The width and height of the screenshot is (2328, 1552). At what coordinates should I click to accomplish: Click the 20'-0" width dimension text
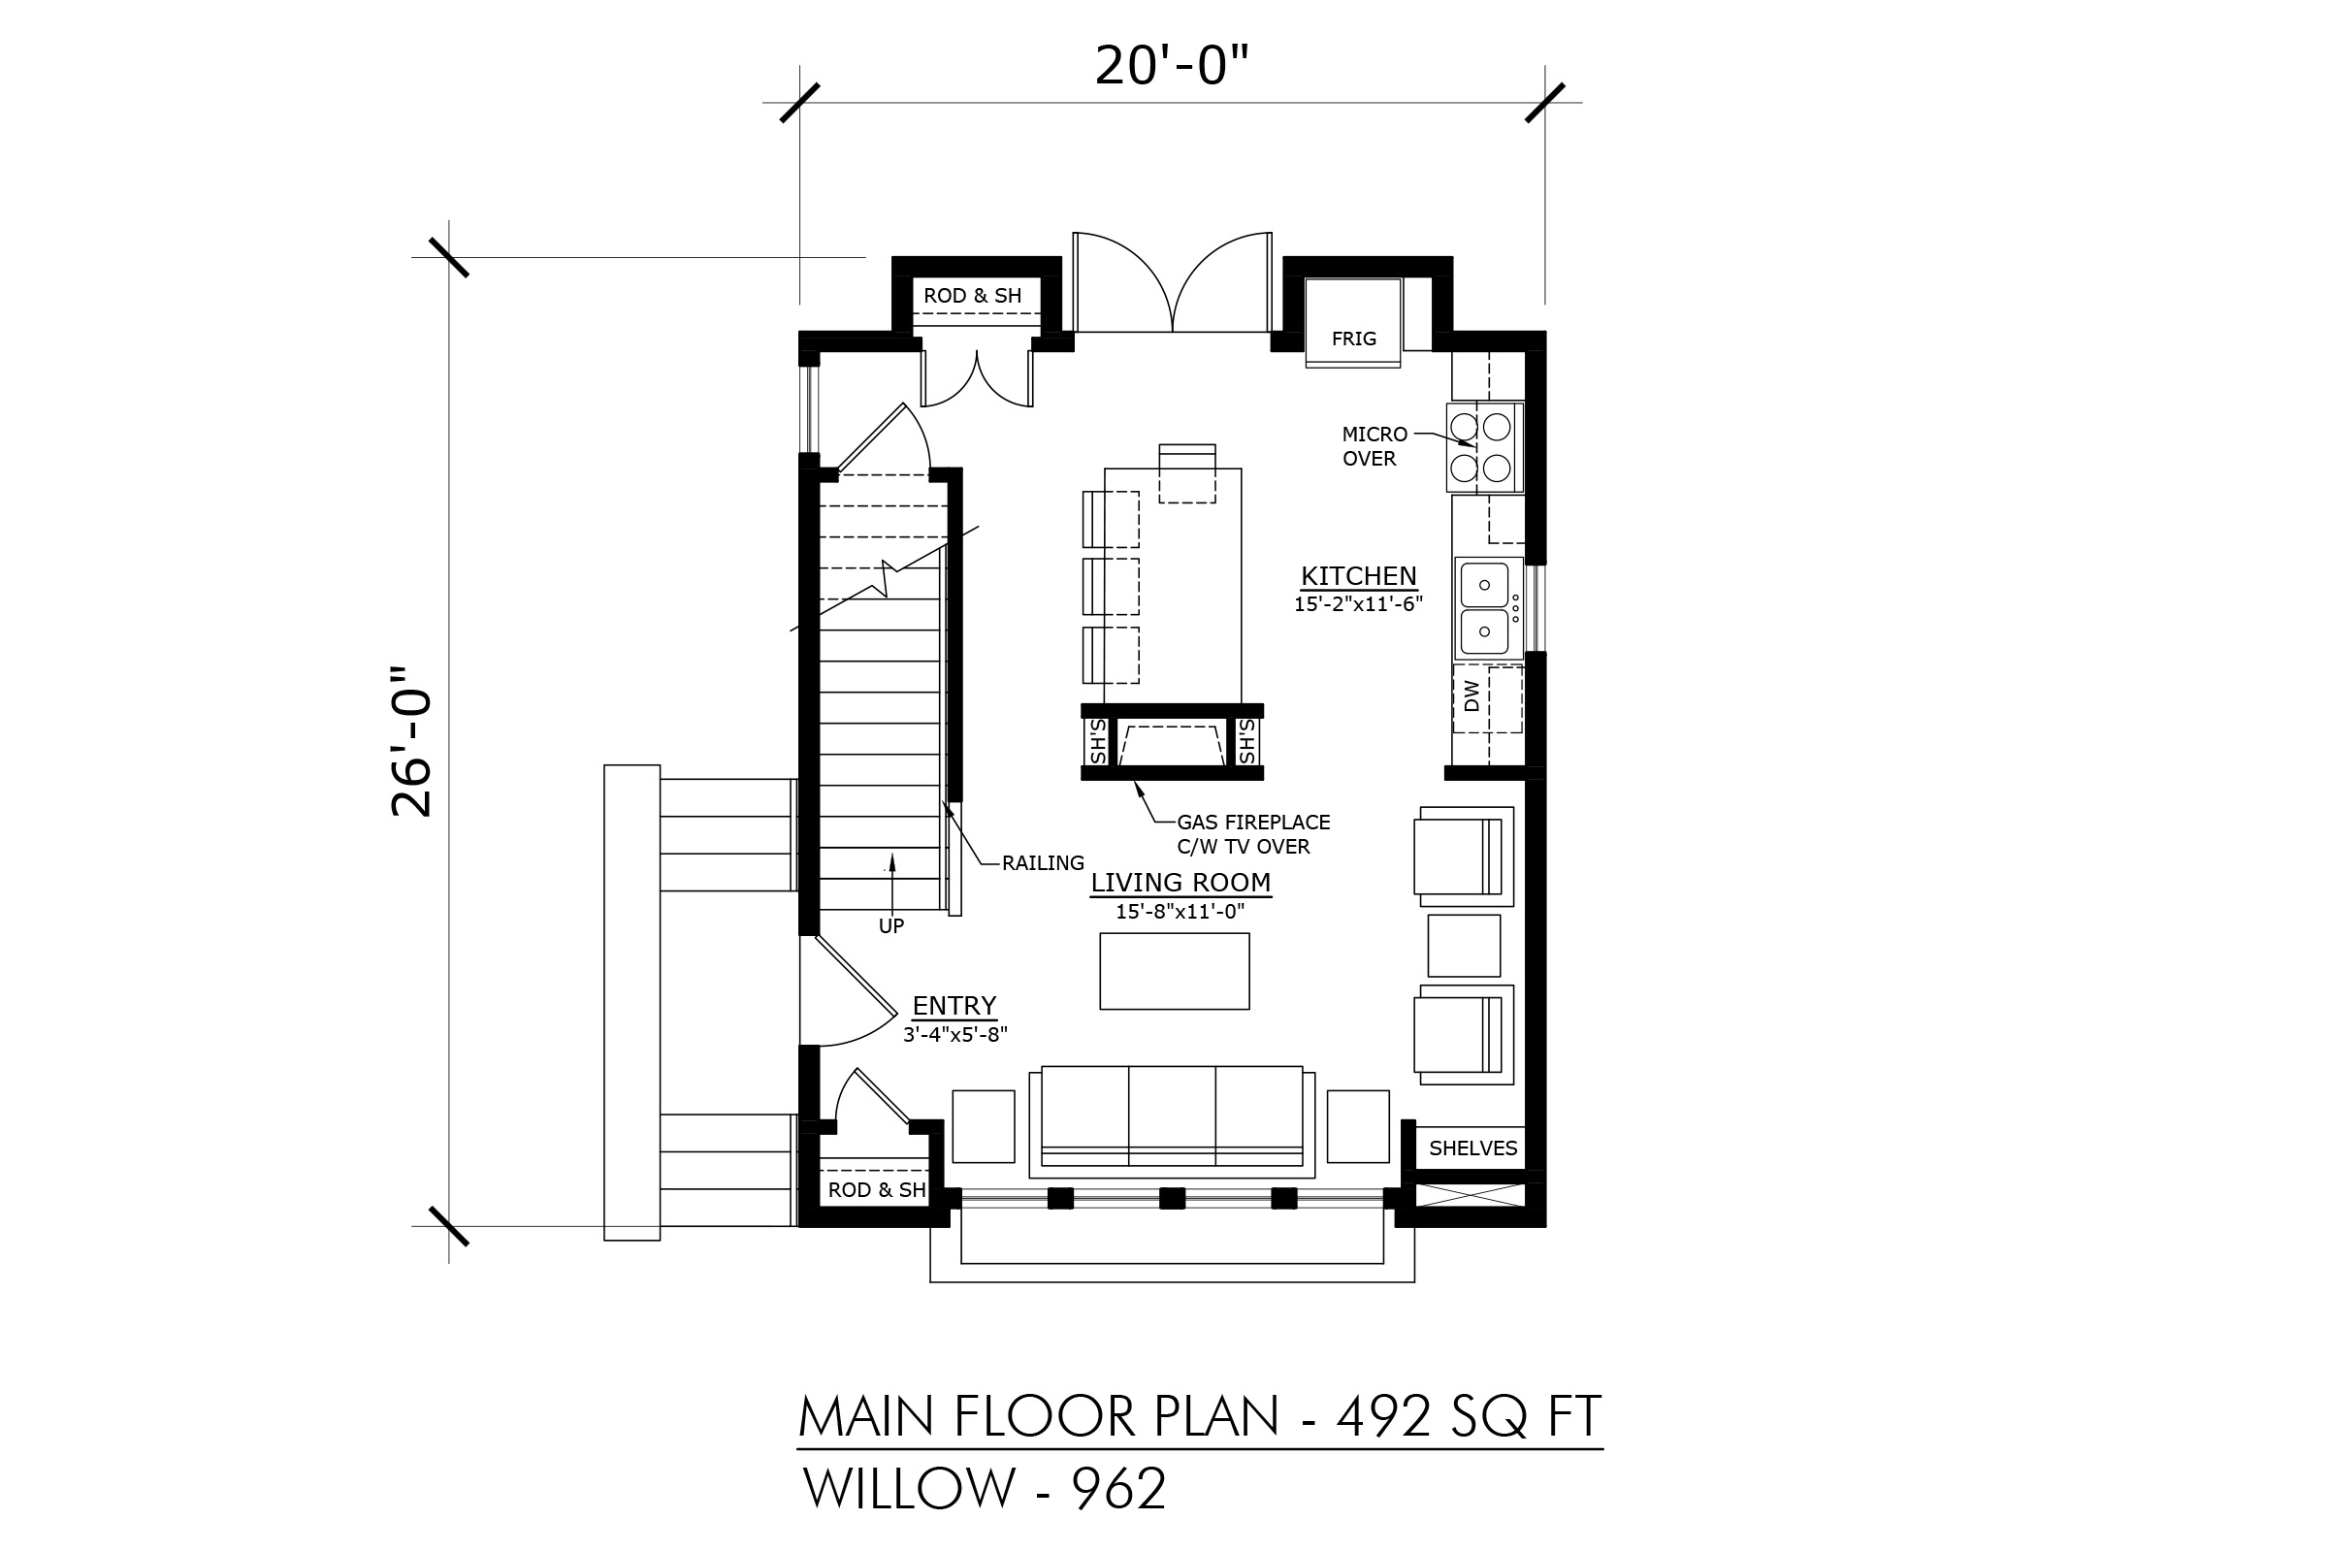click(1171, 66)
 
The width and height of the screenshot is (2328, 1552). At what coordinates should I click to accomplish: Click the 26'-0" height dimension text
click(410, 740)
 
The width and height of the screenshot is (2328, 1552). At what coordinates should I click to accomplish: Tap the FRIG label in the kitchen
click(1353, 339)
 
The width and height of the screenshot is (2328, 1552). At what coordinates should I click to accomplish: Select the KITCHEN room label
click(1358, 575)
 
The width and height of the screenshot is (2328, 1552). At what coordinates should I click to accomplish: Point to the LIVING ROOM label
click(1180, 882)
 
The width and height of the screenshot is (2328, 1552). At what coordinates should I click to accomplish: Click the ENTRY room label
click(954, 1006)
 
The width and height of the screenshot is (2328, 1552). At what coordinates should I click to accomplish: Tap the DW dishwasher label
click(1471, 695)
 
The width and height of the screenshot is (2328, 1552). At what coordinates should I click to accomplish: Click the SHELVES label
click(1472, 1148)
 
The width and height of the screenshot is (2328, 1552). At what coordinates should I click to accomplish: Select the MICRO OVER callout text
click(1374, 446)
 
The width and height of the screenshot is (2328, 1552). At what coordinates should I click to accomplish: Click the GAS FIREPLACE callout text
click(1253, 833)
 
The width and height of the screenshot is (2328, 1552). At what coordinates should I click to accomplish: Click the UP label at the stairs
click(890, 926)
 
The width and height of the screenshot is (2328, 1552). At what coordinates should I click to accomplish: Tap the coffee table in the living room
click(1174, 971)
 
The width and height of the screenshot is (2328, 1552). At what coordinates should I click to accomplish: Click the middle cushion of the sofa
click(1172, 1115)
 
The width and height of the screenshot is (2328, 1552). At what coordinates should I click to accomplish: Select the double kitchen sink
click(1488, 609)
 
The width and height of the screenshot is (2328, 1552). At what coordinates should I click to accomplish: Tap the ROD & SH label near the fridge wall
click(972, 296)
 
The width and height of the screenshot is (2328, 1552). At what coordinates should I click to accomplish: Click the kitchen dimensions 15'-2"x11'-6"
click(1358, 603)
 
